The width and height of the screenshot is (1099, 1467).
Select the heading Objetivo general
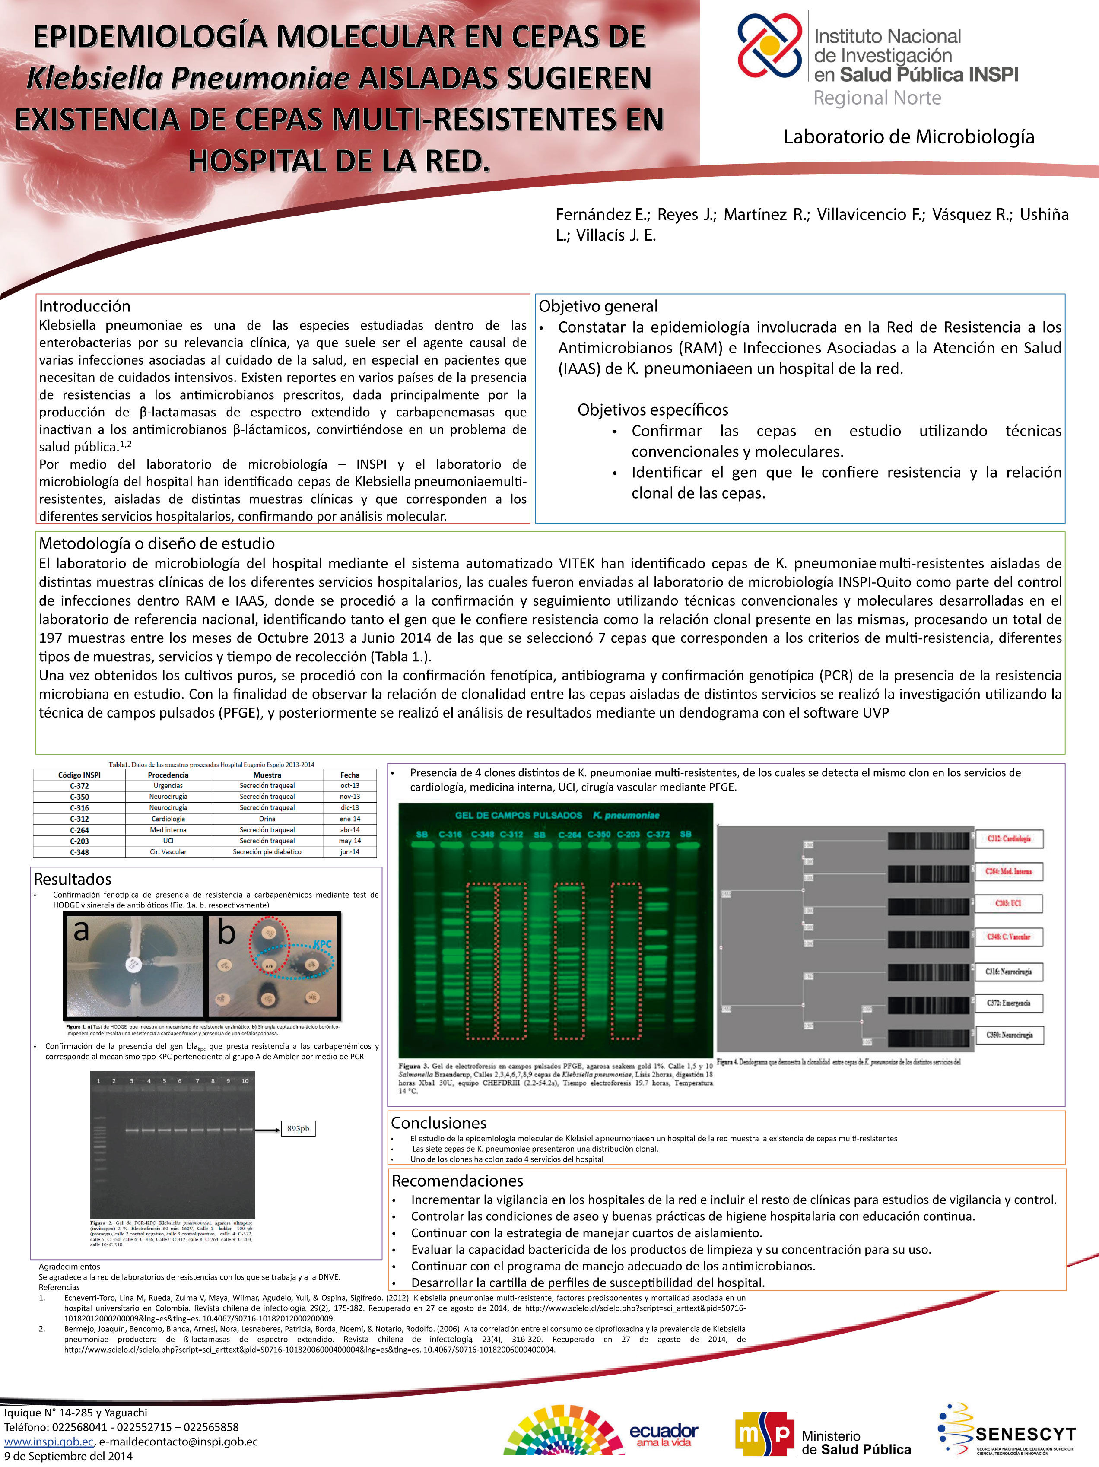pos(597,306)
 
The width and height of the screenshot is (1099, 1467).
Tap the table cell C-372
pos(79,785)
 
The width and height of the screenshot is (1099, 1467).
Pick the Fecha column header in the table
pos(349,775)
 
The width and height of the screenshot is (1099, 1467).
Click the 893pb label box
pos(298,1129)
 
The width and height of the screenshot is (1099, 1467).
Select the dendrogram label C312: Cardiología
pos(1008,839)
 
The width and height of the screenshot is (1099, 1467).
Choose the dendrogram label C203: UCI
pos(1008,903)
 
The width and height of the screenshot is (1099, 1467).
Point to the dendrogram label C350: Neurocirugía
pos(1008,1035)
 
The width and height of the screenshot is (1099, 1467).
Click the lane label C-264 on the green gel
pos(570,834)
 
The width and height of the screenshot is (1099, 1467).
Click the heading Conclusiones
pos(438,1123)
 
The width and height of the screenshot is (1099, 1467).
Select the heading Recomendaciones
pos(457,1181)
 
